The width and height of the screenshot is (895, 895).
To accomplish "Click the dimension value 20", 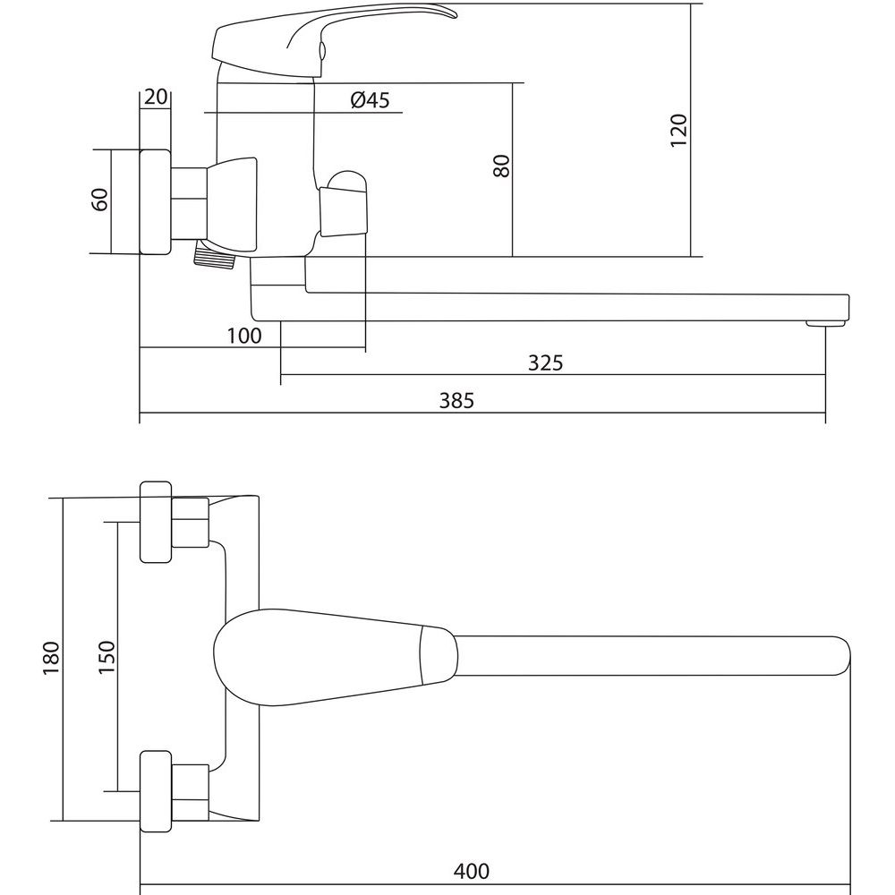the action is [155, 97].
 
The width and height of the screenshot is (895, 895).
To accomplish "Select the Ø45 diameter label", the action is [370, 100].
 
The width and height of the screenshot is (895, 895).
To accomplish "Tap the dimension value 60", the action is [100, 200].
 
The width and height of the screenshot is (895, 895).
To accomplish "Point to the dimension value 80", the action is [501, 166].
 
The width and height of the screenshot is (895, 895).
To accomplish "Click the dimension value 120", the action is [678, 131].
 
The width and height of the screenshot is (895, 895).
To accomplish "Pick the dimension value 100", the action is [243, 336].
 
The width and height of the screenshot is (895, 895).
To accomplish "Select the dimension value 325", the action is [545, 362].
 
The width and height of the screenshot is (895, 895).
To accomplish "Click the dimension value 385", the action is [456, 401].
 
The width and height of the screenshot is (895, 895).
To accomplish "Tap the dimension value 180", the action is [51, 658].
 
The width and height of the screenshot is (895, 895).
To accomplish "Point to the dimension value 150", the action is [107, 657].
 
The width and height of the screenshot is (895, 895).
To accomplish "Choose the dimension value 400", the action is [472, 872].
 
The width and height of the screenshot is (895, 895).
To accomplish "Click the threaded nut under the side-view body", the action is [215, 255].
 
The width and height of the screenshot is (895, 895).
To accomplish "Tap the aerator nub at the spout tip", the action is [825, 324].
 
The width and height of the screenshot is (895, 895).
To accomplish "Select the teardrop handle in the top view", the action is [336, 657].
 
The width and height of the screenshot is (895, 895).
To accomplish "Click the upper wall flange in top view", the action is [156, 522].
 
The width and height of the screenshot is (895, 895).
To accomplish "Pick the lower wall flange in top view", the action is [156, 791].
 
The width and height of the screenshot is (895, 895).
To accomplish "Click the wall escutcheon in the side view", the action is [155, 202].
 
